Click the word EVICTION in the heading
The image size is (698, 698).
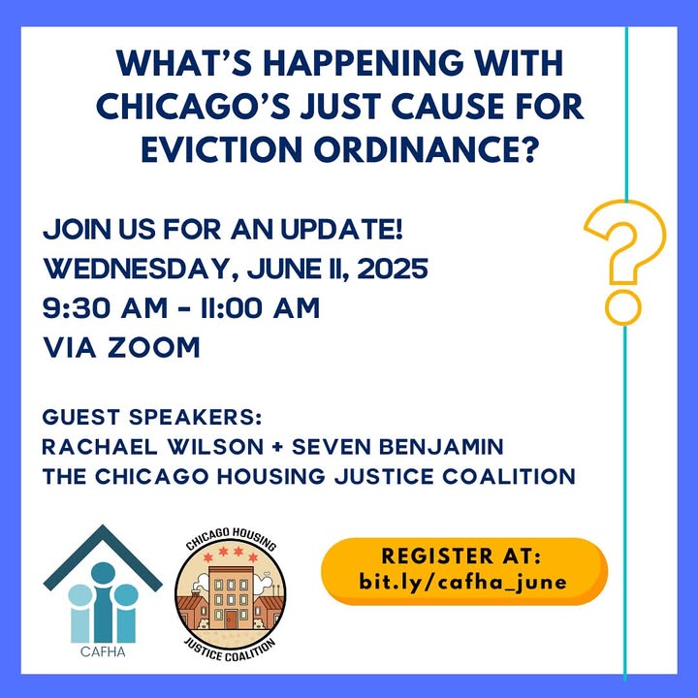point(222,149)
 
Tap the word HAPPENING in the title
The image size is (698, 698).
point(364,64)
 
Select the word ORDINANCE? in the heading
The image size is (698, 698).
point(426,149)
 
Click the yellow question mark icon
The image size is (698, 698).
point(624,262)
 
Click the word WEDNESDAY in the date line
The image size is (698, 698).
point(136,270)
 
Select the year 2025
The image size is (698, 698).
point(393,269)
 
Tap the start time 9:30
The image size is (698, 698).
point(77,308)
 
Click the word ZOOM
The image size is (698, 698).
point(154,347)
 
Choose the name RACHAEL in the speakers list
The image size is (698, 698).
point(100,447)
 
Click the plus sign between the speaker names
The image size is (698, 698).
point(278,447)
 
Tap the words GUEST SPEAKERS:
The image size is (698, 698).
point(152,417)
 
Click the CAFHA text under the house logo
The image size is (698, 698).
point(103,652)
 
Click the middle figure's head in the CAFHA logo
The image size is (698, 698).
point(103,573)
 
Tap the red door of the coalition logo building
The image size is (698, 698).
point(231,619)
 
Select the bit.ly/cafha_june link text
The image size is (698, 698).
point(463,582)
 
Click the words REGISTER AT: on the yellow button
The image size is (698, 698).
point(461,556)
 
